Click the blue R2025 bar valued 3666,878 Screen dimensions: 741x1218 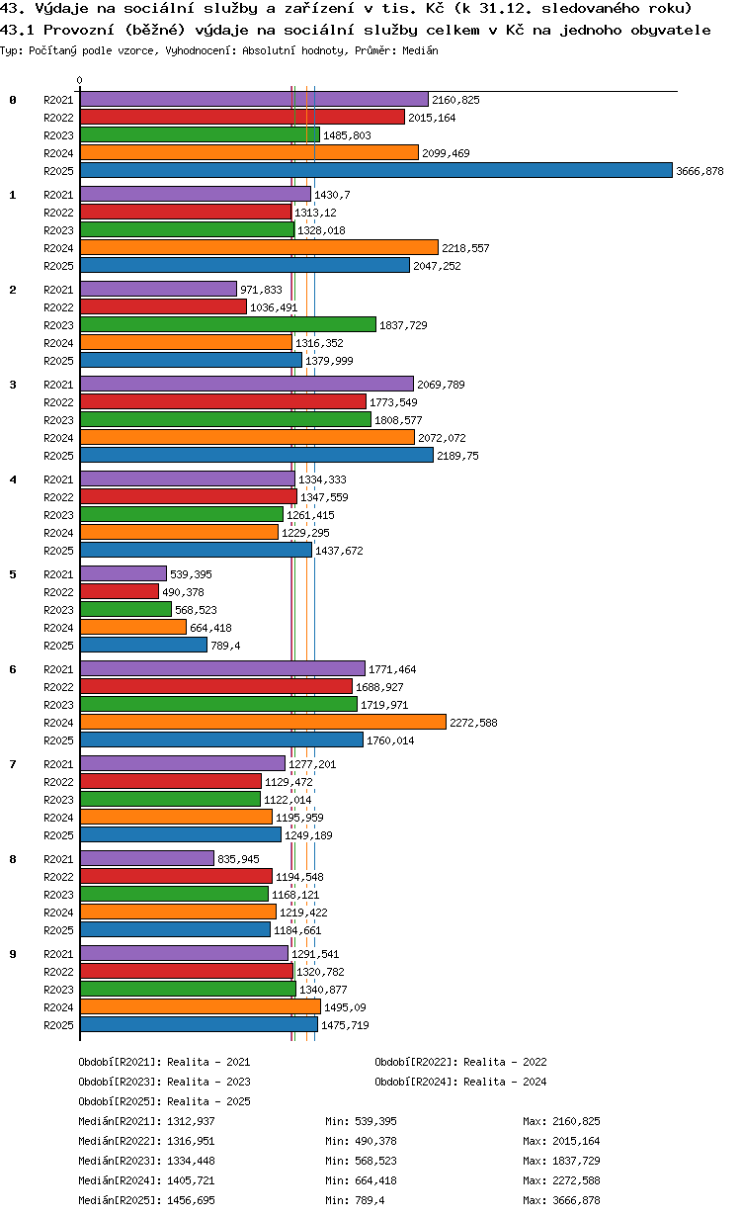pos(375,171)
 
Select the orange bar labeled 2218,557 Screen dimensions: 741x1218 pos(259,248)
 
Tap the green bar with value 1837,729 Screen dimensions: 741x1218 pos(228,325)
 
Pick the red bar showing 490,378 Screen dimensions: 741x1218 pos(120,592)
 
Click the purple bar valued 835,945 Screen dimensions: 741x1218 pos(147,859)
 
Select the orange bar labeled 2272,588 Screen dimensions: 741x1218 pos(264,723)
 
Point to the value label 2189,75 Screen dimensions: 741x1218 pos(458,456)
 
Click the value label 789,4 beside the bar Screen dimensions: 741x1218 pos(225,646)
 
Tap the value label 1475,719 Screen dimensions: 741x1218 pos(345,1025)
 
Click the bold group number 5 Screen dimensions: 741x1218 pos(13,574)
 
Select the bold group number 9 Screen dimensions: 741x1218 pos(13,954)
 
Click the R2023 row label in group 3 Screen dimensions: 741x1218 pos(58,420)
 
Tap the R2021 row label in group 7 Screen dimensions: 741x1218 pos(58,764)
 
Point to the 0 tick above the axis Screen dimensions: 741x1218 pos(80,80)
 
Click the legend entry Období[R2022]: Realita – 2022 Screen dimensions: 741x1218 pos(460,1062)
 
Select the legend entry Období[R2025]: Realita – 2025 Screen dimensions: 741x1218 pos(165,1101)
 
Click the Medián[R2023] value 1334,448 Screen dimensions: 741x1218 pos(192,1161)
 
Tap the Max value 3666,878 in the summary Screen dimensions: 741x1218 pos(576,1200)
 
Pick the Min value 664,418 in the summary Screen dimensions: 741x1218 pos(375,1181)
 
